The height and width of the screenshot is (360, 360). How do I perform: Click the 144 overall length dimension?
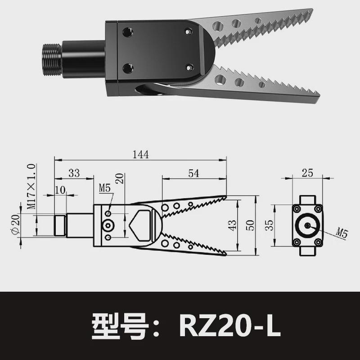140,154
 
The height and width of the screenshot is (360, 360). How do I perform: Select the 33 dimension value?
74,173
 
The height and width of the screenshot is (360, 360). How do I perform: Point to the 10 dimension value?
60,190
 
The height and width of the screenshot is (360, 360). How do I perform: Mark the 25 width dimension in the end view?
307,173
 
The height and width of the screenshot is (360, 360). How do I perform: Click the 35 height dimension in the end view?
269,225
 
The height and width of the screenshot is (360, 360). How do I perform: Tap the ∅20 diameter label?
14,225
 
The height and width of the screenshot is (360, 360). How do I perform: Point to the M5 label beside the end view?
342,233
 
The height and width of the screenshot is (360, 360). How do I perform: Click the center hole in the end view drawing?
307,225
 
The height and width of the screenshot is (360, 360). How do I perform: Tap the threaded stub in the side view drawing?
59,225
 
